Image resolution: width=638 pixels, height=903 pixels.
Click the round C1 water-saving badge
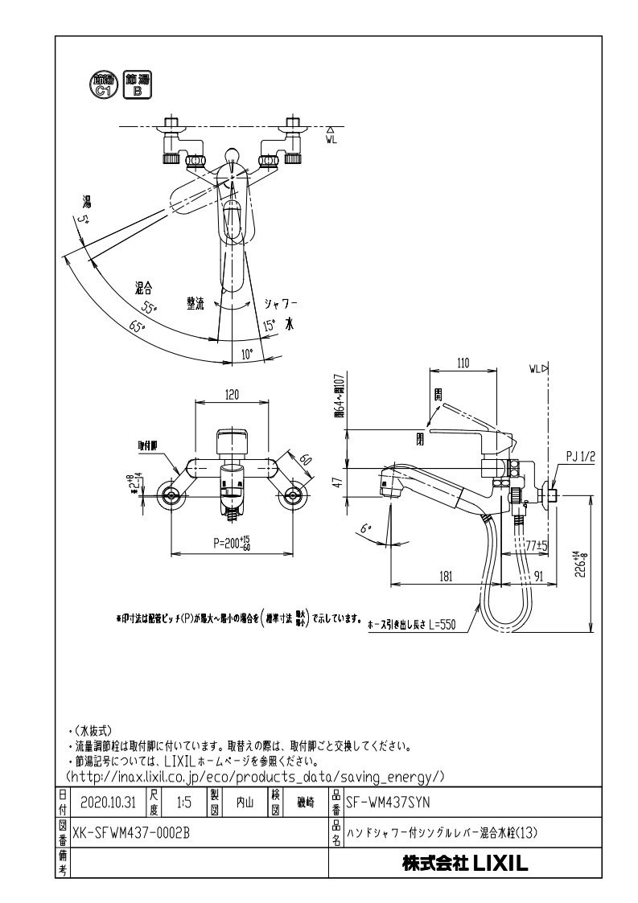pos(103,84)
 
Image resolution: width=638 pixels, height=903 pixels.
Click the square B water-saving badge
pos(137,84)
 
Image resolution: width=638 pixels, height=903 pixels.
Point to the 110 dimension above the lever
pos(463,363)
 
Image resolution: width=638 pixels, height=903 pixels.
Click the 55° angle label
pos(149,308)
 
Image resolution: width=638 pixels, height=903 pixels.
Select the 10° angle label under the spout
pos(246,353)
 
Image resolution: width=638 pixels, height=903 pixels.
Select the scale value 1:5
pos(183,802)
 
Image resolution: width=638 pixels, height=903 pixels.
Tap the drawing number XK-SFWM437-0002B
pos(130,834)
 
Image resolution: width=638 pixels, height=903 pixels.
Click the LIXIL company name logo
pos(464,864)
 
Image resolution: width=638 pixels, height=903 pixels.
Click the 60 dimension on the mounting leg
pos(305,461)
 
